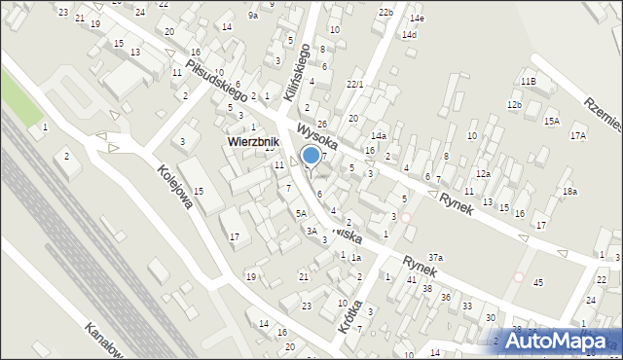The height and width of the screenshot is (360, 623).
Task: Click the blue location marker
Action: (x=311, y=154)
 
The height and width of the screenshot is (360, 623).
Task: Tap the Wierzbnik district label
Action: (x=253, y=141)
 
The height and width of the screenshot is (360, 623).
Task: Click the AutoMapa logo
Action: (x=551, y=341)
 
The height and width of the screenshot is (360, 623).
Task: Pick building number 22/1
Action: (x=354, y=85)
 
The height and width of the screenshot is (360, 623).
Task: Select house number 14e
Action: (x=418, y=18)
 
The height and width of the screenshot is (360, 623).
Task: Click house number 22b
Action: (x=386, y=12)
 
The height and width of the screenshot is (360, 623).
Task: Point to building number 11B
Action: (x=529, y=82)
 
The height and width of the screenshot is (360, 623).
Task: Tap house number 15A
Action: (x=552, y=121)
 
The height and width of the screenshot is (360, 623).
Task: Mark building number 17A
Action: (x=578, y=135)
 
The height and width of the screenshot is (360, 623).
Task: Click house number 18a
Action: (x=569, y=192)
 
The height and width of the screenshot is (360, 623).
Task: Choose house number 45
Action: (x=537, y=282)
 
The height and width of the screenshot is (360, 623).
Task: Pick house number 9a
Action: (x=253, y=15)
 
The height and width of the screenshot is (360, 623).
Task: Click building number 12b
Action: (x=514, y=104)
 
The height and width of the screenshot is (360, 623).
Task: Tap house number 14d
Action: (x=410, y=35)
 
